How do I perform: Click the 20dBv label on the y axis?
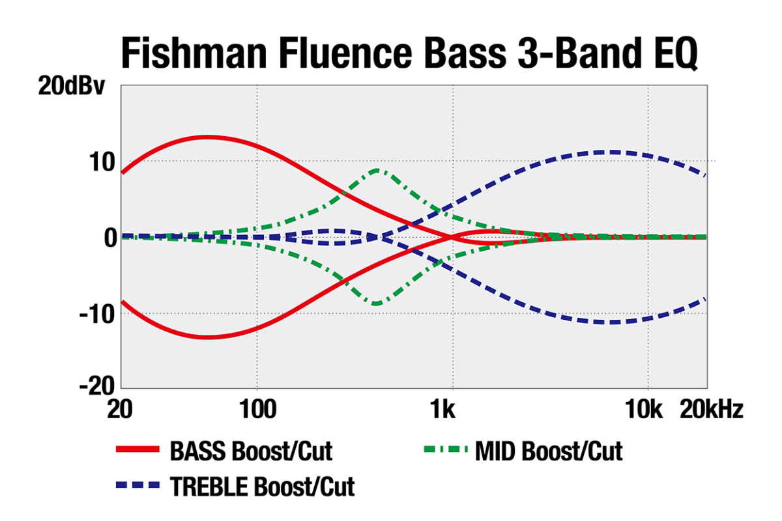pyautogui.click(x=70, y=87)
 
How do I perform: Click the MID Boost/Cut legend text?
pyautogui.click(x=549, y=451)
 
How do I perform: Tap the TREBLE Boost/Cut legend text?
pyautogui.click(x=262, y=486)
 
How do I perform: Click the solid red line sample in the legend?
pyautogui.click(x=138, y=449)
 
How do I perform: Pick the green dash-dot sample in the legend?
pyautogui.click(x=446, y=449)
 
